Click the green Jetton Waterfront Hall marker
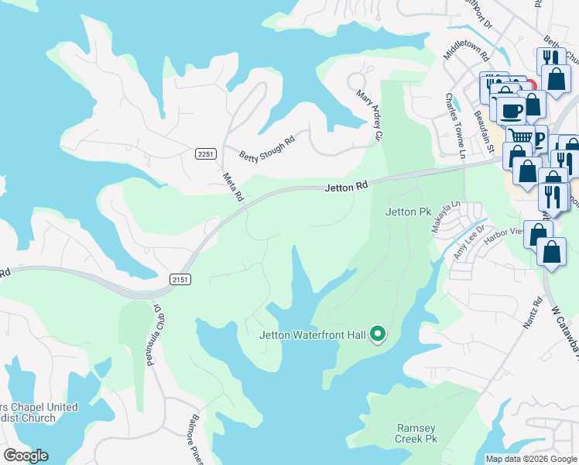[x=378, y=334]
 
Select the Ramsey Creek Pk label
[x=417, y=433]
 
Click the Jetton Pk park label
[x=407, y=211]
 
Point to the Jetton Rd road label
[x=345, y=187]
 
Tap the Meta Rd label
[x=233, y=187]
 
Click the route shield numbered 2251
[x=205, y=154]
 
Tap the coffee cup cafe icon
[x=510, y=110]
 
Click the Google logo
[x=26, y=456]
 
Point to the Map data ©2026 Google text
[x=530, y=459]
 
